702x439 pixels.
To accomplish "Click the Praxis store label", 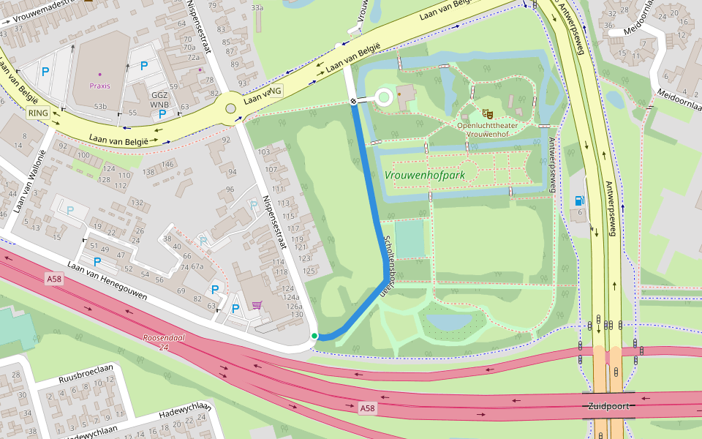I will [x=100, y=86].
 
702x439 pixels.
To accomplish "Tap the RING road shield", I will [x=37, y=113].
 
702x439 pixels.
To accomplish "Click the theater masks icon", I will [x=487, y=113].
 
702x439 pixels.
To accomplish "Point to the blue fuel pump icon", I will [x=580, y=200].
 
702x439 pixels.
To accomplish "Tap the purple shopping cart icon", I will [x=257, y=305].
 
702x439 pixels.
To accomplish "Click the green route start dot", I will [x=314, y=336].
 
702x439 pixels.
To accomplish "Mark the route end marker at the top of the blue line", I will [x=353, y=102].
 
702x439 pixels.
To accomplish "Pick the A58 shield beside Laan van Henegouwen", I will [x=54, y=279].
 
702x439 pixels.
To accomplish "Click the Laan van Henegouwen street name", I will [x=107, y=282].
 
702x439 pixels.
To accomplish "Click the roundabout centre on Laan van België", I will [x=231, y=109].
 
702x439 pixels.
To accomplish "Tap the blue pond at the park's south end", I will [x=450, y=320].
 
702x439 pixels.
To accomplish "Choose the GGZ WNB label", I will [x=159, y=100].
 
